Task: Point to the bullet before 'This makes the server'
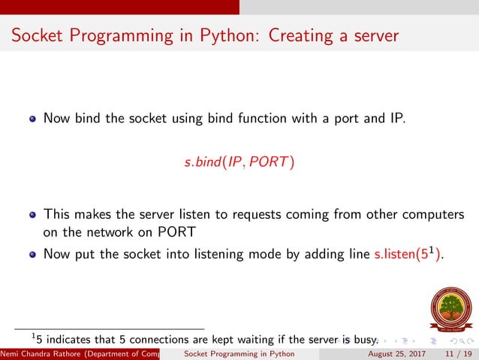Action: pyautogui.click(x=32, y=215)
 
